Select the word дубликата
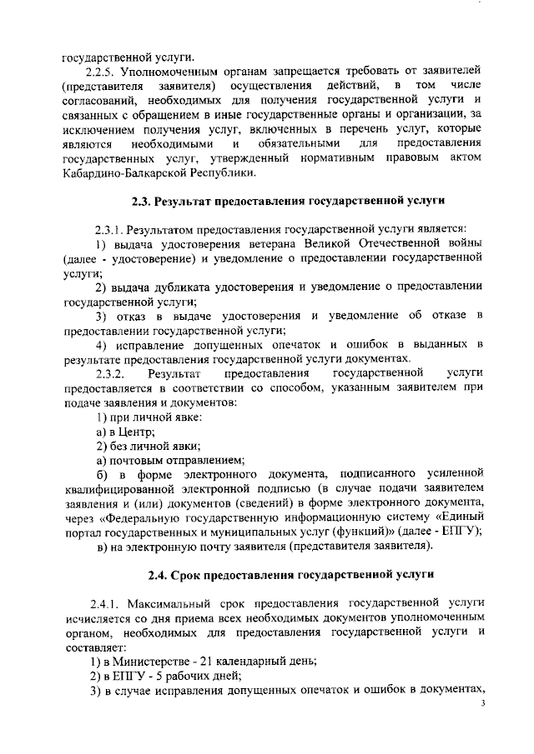pos(181,287)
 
